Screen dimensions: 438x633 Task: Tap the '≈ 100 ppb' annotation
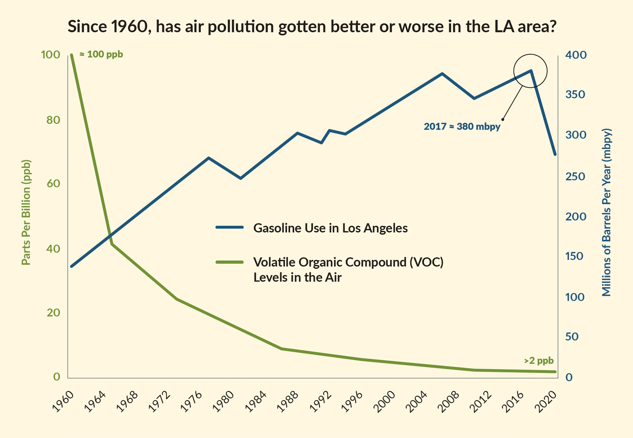point(101,54)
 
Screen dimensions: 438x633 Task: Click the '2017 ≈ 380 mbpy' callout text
point(462,127)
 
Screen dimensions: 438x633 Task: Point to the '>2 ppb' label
point(539,360)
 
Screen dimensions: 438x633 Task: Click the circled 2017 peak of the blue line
point(531,71)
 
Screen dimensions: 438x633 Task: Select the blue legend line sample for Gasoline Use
point(229,227)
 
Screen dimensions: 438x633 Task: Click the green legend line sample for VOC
point(229,262)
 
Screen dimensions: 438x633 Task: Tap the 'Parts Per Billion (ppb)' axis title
point(26,212)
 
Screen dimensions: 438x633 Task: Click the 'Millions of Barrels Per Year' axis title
point(606,212)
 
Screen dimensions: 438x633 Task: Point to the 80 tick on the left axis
point(53,120)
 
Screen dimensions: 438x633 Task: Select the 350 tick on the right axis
point(575,94)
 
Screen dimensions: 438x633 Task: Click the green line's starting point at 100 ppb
point(72,55)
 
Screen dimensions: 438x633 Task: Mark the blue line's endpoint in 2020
point(555,154)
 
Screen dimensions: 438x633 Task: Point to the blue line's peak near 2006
point(442,74)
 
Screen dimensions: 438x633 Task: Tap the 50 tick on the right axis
point(572,337)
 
